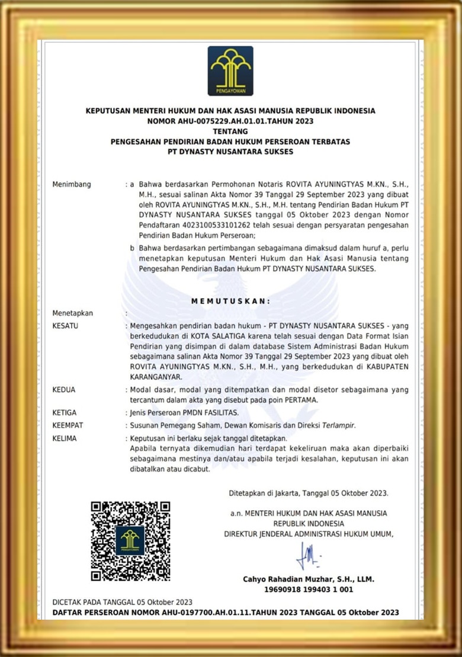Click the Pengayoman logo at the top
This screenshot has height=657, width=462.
(230, 71)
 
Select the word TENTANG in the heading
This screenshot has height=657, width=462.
(230, 131)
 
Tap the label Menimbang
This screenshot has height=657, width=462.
(72, 184)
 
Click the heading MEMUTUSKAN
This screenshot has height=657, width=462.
(230, 301)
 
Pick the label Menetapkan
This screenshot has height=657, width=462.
(73, 313)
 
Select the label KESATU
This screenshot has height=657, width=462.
(66, 326)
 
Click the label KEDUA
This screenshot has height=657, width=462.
(65, 390)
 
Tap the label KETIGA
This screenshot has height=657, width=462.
(65, 412)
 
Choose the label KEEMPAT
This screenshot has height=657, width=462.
(68, 425)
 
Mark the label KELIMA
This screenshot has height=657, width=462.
(65, 438)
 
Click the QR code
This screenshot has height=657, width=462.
(130, 540)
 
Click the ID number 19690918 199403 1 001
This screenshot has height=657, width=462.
(308, 590)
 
